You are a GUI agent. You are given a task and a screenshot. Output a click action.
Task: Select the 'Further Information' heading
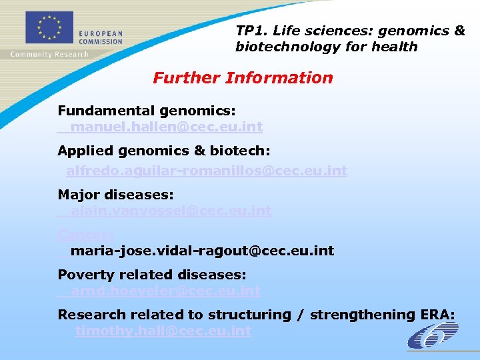point(243,78)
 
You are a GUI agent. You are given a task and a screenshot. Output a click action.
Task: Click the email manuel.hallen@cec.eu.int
point(166,127)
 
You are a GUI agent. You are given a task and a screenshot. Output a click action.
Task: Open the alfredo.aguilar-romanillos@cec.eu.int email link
point(206,171)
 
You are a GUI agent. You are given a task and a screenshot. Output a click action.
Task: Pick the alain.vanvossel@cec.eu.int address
point(171,211)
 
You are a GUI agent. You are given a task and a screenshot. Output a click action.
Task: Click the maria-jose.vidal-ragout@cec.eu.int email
point(202,251)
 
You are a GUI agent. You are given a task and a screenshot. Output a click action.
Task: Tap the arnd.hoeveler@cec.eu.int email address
point(165,291)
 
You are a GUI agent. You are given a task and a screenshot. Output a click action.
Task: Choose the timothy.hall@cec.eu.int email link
point(163,331)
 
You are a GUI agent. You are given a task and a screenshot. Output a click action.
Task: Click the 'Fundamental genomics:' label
point(147,110)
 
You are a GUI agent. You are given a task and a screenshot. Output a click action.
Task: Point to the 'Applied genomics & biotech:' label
point(164,151)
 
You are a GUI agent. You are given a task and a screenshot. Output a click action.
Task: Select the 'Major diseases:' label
point(115,195)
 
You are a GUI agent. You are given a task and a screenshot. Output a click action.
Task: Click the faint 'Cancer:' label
point(85,235)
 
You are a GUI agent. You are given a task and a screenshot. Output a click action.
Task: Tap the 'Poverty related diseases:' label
point(152,275)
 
